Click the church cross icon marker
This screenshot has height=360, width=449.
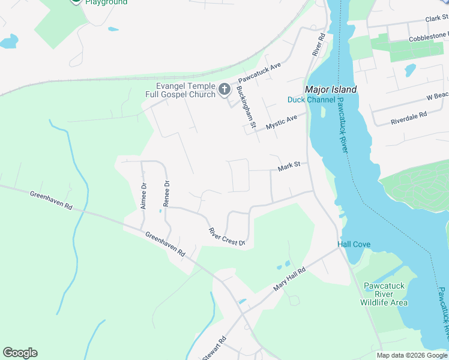click(224, 89)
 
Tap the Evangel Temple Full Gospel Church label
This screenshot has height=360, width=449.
click(181, 90)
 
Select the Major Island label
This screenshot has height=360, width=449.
click(331, 89)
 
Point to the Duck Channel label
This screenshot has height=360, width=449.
click(311, 100)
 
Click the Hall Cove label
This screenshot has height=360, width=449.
click(354, 245)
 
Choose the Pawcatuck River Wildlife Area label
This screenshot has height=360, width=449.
click(384, 294)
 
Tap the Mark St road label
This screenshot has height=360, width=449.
click(292, 166)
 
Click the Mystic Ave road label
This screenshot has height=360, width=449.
click(282, 122)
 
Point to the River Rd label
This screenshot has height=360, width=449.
click(318, 45)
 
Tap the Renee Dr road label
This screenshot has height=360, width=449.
click(167, 193)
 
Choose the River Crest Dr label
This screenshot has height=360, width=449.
click(227, 236)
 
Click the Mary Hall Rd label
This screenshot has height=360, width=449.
click(289, 279)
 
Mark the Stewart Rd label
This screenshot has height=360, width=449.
click(214, 349)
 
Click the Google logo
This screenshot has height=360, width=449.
click(20, 353)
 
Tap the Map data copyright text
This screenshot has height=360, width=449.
click(411, 355)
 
